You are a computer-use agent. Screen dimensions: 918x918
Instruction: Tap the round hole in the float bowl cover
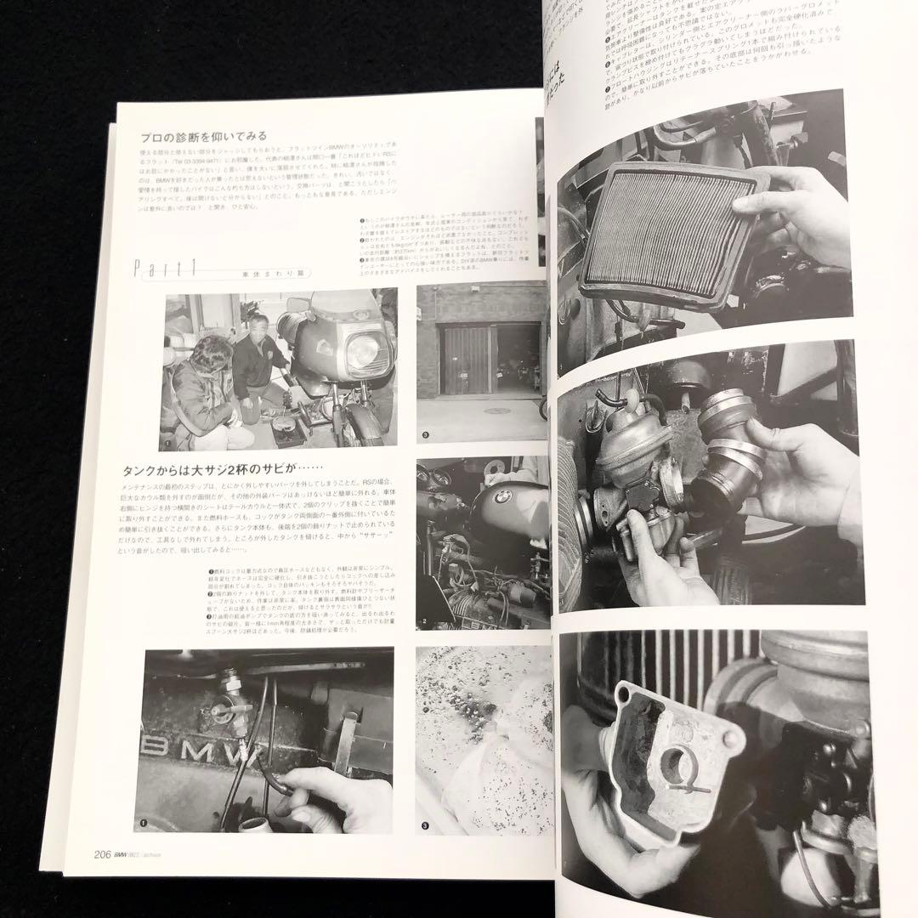point(677,766)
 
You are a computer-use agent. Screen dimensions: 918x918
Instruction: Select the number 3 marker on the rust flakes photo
point(426,825)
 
